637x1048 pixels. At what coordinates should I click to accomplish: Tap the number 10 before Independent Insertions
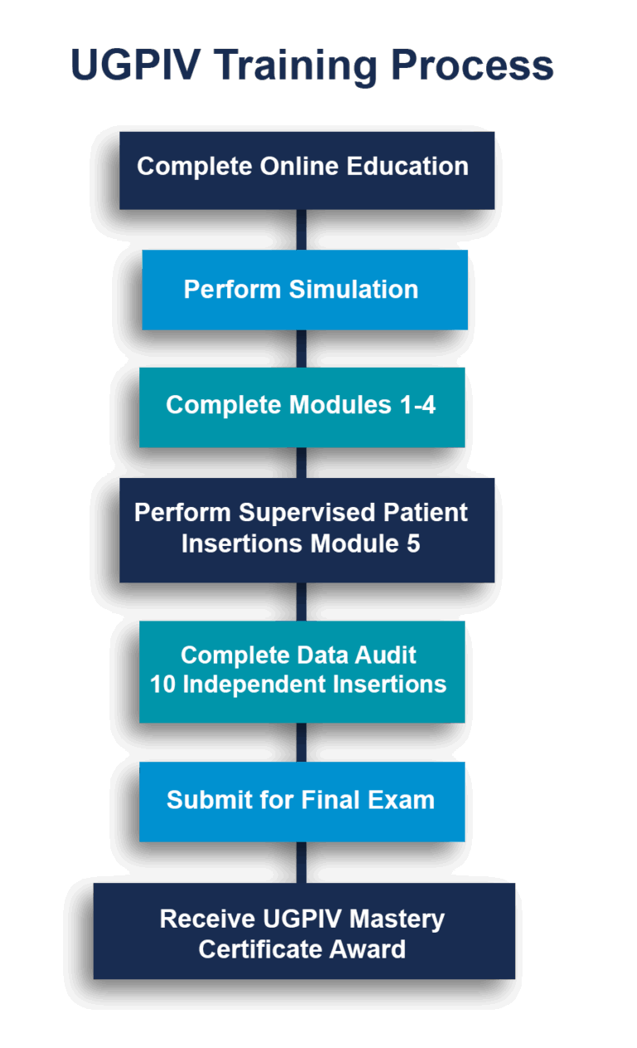(x=162, y=685)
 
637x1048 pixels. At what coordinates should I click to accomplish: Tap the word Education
(x=407, y=167)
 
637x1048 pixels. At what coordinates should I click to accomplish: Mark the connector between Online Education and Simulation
(x=302, y=229)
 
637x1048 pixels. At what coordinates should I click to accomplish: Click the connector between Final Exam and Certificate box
(x=301, y=862)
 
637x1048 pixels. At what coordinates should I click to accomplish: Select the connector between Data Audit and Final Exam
(x=301, y=742)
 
